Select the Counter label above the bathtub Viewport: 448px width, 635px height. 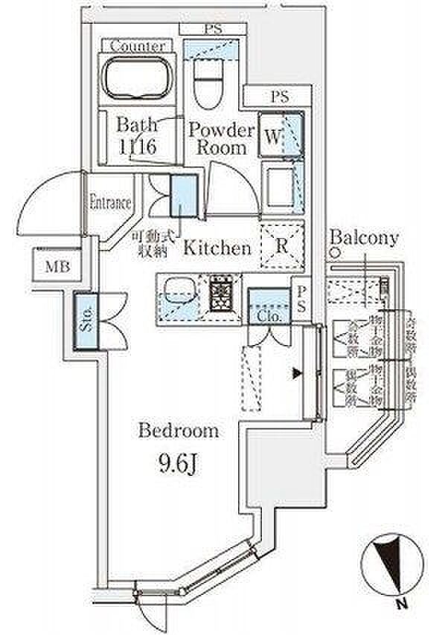[x=137, y=46]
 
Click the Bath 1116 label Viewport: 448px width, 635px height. [x=137, y=136]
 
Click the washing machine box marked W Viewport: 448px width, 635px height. [x=273, y=136]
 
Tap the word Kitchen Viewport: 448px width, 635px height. [x=217, y=248]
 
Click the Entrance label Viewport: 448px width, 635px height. [x=110, y=202]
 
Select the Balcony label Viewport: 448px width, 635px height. [x=365, y=239]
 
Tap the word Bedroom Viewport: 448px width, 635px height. [x=179, y=431]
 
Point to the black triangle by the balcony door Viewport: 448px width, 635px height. [x=297, y=373]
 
